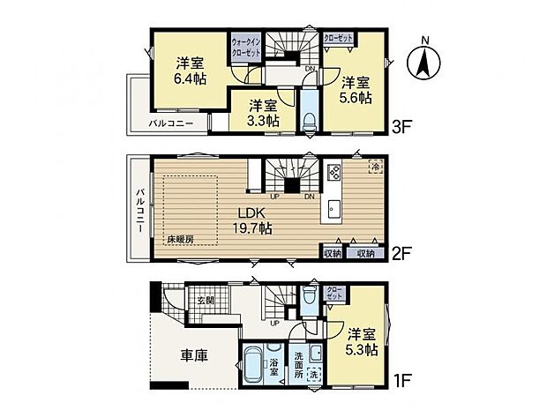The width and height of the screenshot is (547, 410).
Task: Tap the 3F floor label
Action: tap(403, 127)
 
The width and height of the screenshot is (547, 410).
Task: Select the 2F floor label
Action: tap(403, 253)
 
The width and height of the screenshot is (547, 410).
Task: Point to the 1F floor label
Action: tap(403, 381)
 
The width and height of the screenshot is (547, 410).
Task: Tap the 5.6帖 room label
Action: tap(355, 86)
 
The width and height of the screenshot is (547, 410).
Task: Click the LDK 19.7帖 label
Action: tap(253, 220)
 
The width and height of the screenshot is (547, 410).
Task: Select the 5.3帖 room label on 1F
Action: tap(361, 342)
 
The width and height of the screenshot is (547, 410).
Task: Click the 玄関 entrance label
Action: tap(206, 301)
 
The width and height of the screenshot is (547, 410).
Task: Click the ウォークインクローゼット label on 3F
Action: tap(246, 47)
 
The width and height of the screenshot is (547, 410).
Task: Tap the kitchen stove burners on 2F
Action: tap(333, 172)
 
